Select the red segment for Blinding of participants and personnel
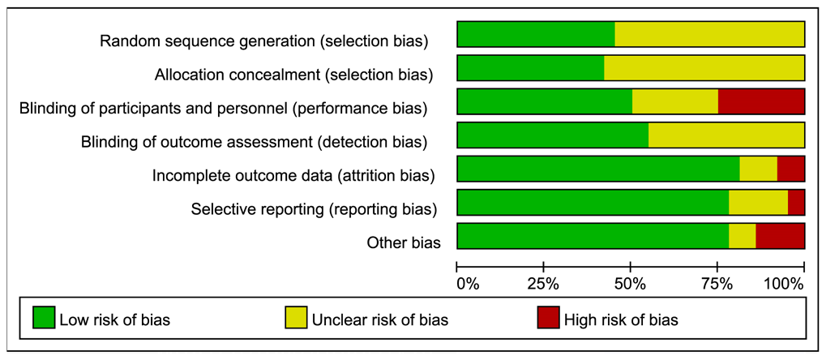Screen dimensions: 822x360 point(761,101)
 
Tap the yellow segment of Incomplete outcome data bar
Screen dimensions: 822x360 point(758,169)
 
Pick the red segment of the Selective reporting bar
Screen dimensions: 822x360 point(796,202)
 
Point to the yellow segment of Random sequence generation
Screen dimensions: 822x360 point(710,35)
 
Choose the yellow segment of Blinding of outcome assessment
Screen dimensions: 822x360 point(726,135)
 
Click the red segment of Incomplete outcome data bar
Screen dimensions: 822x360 point(791,169)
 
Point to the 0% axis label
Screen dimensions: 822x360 point(468,285)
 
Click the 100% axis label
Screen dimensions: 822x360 point(784,285)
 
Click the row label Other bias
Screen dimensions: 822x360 point(404,242)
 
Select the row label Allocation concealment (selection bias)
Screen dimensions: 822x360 point(293,75)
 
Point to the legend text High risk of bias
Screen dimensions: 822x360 point(621,319)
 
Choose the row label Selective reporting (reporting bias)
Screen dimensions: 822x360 point(314,209)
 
